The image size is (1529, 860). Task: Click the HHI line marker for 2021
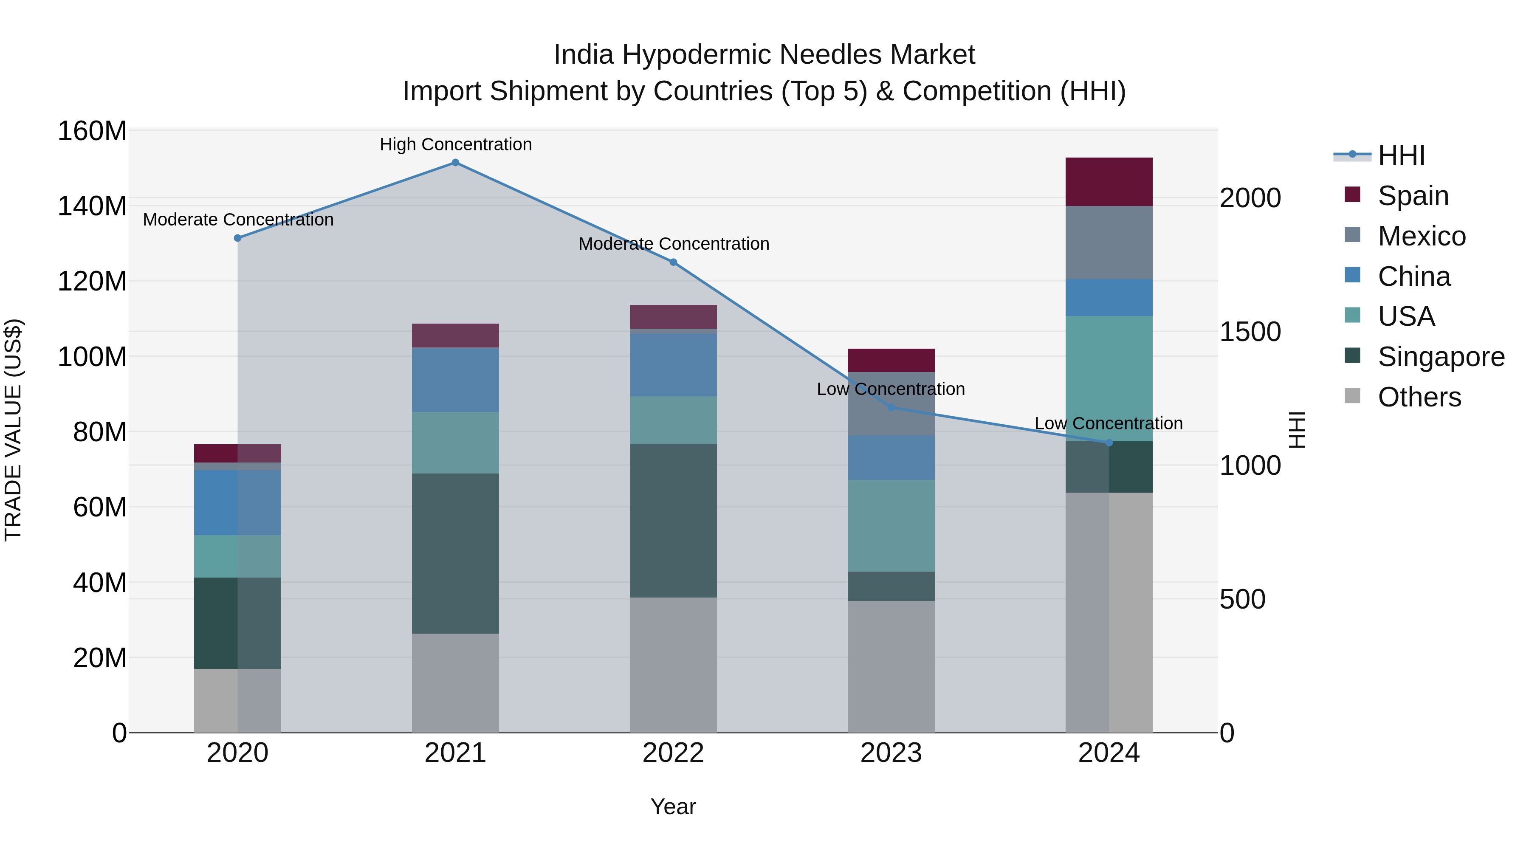point(455,163)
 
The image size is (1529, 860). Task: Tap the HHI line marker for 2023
point(891,407)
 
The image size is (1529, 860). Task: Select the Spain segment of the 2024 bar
point(1109,182)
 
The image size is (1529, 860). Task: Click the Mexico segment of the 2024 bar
point(1109,243)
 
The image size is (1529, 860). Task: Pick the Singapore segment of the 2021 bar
point(455,553)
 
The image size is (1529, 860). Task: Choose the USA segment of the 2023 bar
point(891,526)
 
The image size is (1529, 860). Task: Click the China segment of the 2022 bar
point(673,365)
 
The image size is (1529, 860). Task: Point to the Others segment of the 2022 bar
point(673,665)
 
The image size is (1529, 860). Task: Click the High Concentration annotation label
point(456,144)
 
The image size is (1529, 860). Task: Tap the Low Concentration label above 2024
point(1109,423)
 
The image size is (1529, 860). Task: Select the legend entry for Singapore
point(1441,357)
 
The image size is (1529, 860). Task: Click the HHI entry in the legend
point(1401,155)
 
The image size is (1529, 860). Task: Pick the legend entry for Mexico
point(1421,236)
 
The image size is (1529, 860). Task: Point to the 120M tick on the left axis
point(92,281)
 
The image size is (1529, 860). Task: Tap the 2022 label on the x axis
point(673,753)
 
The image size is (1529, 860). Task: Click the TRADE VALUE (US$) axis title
point(13,430)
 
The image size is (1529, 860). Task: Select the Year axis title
point(673,806)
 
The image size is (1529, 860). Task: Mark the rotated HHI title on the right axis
point(1298,430)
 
